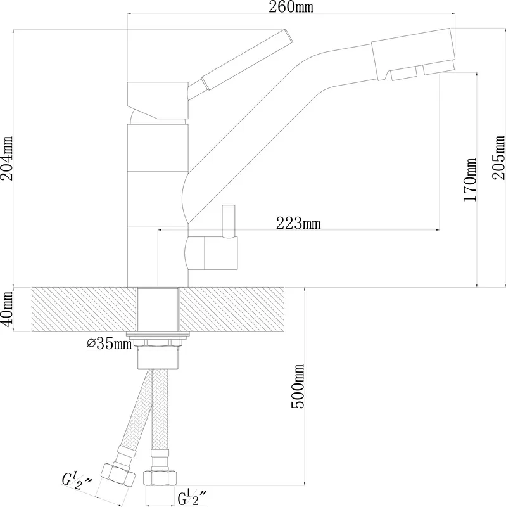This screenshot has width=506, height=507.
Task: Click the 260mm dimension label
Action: [x=291, y=7]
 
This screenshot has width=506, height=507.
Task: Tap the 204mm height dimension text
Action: [x=7, y=158]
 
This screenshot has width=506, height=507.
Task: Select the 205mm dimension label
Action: [x=498, y=157]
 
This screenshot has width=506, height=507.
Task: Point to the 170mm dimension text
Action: [x=470, y=180]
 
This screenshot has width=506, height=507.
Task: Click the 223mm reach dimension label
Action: [x=298, y=223]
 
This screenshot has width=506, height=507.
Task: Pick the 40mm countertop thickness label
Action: [x=6, y=309]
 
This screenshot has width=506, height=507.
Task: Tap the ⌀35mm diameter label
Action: [x=110, y=343]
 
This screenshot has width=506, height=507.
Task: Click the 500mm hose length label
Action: [x=298, y=387]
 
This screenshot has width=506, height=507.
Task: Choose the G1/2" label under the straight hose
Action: [x=192, y=497]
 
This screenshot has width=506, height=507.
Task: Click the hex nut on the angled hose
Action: [x=118, y=475]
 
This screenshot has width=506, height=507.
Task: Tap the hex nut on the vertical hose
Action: [x=160, y=478]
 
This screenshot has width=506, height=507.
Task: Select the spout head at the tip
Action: [x=414, y=55]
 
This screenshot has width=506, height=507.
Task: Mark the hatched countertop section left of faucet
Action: [x=83, y=309]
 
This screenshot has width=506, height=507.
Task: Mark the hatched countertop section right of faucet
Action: [x=232, y=309]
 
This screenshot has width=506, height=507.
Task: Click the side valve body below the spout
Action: [x=212, y=253]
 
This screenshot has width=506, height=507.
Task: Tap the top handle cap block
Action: [x=158, y=101]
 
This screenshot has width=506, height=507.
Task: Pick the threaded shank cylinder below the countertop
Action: [x=158, y=359]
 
